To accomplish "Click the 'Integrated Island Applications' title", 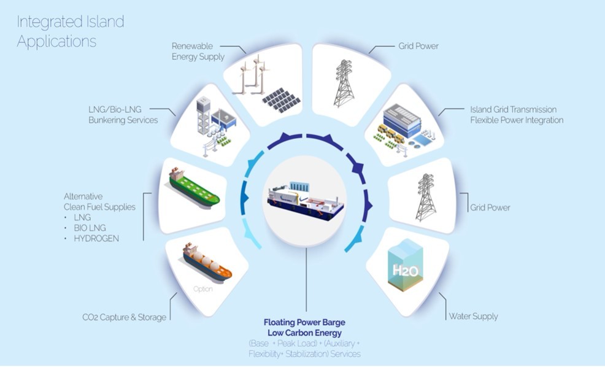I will tap(71, 32).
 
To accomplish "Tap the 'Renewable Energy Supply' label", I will tap(198, 52).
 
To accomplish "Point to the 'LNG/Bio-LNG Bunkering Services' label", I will tap(123, 115).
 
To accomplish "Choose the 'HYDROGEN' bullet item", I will tap(96, 238).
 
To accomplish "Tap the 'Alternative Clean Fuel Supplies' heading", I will tap(99, 202).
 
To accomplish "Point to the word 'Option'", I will tap(202, 289).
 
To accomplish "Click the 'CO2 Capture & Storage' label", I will tap(125, 317).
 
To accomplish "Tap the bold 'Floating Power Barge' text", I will tap(304, 322).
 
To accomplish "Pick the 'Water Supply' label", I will tap(473, 317).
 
